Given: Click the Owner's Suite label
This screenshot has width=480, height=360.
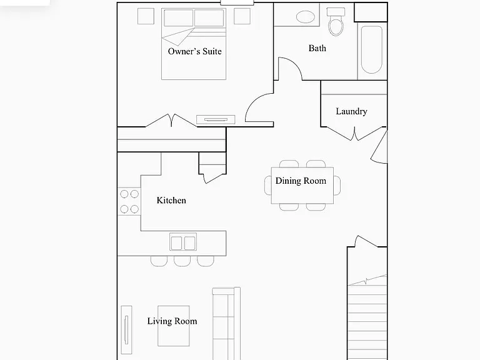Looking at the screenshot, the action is click(x=195, y=51).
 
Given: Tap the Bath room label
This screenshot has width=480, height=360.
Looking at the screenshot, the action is click(x=317, y=48).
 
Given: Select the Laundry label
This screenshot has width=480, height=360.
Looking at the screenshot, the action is click(x=351, y=111).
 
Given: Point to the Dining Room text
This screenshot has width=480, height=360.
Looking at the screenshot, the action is click(x=301, y=181).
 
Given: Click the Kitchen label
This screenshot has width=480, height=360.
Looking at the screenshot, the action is click(x=171, y=200).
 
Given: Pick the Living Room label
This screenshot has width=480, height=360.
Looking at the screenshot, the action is click(x=172, y=321).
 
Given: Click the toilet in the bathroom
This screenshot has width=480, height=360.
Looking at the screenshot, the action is click(x=336, y=22).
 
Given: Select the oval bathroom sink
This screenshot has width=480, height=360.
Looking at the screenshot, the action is click(x=306, y=17).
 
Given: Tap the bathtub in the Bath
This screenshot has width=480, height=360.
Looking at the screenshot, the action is click(x=372, y=50).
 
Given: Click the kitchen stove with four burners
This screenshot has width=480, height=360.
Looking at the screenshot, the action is click(x=129, y=201).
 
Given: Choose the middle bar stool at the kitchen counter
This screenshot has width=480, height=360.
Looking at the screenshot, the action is click(x=182, y=261).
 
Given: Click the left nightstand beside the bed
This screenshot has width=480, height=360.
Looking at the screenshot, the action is click(x=146, y=16).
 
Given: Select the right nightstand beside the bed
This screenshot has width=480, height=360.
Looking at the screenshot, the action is click(x=242, y=16).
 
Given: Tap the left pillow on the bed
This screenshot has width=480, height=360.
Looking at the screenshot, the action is click(x=179, y=17).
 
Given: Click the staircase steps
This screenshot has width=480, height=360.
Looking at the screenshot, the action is click(x=367, y=318).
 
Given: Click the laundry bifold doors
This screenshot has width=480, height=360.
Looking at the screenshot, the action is click(x=354, y=134).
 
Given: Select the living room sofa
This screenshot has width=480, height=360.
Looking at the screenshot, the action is click(x=226, y=324).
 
